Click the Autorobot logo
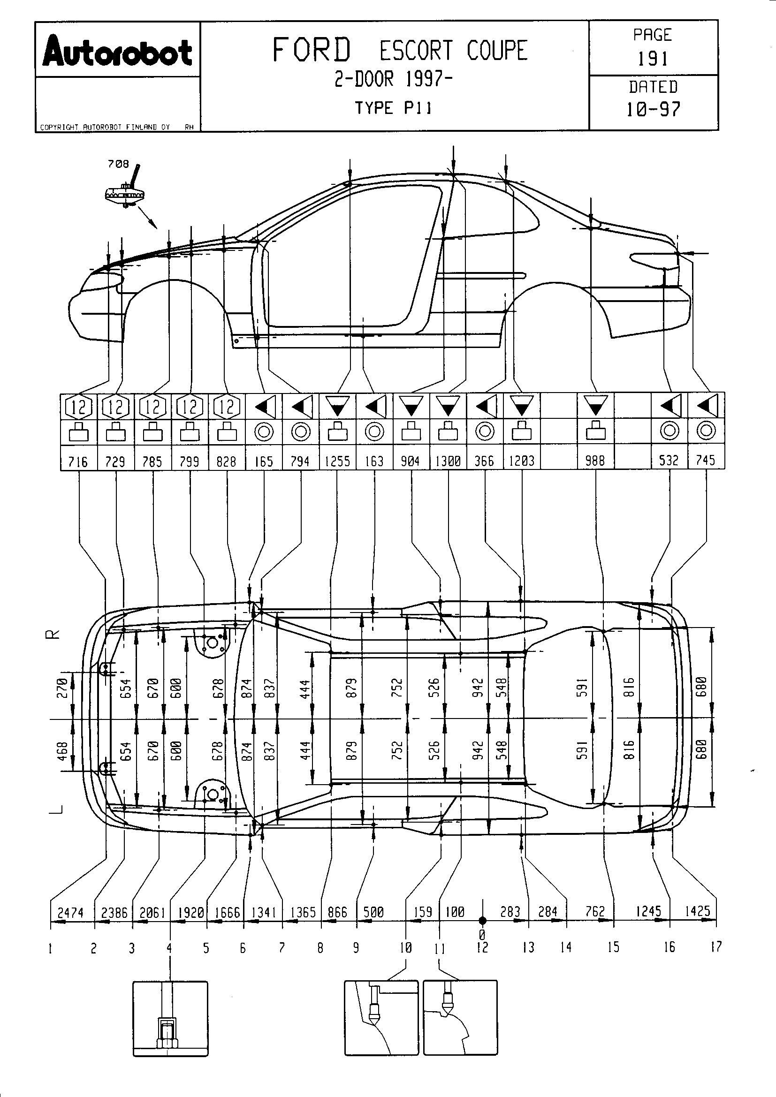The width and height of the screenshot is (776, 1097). (118, 52)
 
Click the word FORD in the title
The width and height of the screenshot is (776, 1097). (312, 50)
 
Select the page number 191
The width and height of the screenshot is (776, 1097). (653, 59)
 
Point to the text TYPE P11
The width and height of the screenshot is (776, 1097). (393, 108)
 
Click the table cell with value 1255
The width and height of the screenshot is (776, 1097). (337, 461)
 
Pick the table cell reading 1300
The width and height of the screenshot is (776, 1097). (448, 461)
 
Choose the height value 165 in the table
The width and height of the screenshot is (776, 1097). (264, 461)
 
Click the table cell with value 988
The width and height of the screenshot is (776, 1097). (595, 461)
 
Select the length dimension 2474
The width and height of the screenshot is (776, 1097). (71, 913)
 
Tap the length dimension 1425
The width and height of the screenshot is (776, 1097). (697, 911)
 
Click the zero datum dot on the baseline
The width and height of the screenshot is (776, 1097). (482, 920)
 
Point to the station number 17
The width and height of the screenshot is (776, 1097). (715, 947)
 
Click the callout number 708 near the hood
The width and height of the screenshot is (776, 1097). (119, 164)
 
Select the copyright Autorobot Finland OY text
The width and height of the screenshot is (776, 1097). (105, 127)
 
